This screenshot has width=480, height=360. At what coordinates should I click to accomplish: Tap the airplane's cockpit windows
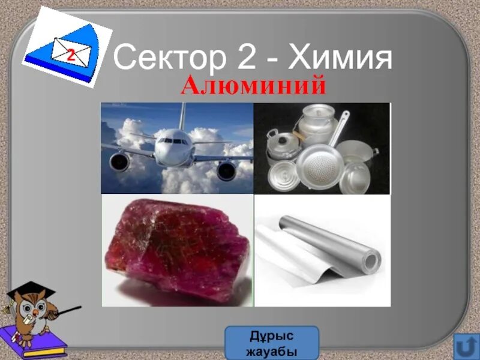tap(174, 142)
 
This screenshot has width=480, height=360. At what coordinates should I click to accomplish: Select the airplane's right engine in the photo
tap(226, 170)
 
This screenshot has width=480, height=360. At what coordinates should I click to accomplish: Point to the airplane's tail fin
tap(182, 117)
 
